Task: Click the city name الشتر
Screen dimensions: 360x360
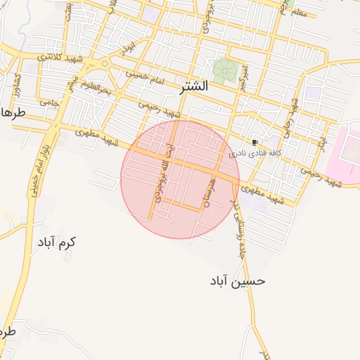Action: point(193,86)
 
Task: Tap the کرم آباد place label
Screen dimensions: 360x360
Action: point(57,242)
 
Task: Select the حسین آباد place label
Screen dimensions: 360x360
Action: point(238,281)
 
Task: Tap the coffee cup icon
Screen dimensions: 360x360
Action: point(255,141)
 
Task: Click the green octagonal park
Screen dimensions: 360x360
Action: point(225,70)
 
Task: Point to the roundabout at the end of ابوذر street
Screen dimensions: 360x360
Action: point(105,64)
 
